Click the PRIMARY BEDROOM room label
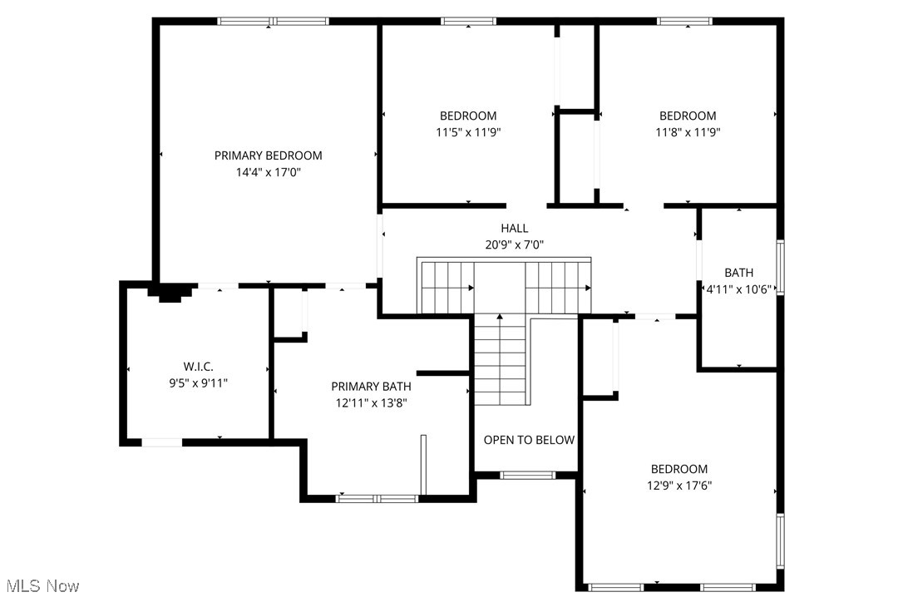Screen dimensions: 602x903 (268, 155)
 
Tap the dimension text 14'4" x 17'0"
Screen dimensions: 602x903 (268, 173)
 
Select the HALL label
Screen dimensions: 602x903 (514, 228)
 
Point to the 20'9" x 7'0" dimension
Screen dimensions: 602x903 (514, 244)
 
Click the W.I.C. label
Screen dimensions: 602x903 (197, 366)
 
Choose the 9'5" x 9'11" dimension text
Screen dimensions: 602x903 (197, 382)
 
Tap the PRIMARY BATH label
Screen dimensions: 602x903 (371, 386)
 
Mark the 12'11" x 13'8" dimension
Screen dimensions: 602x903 (371, 402)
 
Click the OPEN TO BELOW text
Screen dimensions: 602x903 (529, 440)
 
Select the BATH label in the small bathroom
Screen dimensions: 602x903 (738, 272)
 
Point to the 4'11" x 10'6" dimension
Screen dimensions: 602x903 (738, 289)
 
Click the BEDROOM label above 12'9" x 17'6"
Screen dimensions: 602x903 (679, 469)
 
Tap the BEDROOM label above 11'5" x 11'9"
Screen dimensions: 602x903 (468, 116)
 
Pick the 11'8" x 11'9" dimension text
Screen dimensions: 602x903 (688, 131)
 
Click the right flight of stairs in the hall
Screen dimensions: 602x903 (558, 287)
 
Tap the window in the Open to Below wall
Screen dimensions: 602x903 (528, 476)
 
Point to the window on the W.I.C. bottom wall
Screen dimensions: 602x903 (162, 442)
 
